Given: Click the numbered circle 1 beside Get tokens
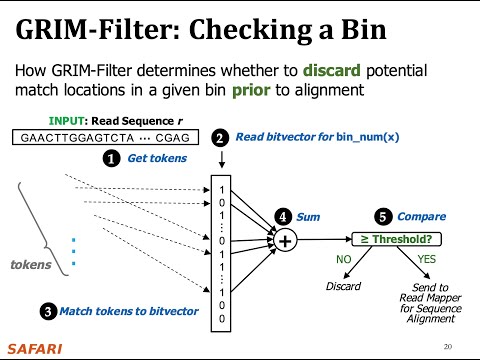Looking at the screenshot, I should [113, 158].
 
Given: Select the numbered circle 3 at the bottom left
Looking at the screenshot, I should [48, 311].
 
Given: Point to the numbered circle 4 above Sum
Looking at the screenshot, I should [284, 216].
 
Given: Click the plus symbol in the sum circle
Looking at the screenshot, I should [284, 241].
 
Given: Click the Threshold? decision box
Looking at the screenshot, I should [393, 239].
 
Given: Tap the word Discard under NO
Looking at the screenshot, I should [343, 287].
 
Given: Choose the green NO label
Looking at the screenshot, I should [343, 259].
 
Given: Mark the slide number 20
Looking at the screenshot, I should [447, 346].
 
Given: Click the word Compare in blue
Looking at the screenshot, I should [422, 216].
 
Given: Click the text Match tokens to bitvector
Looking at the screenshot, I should [129, 311].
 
